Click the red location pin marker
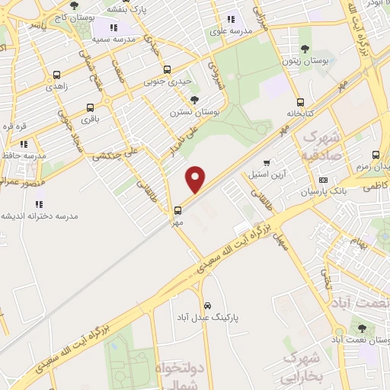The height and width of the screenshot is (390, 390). (196, 180)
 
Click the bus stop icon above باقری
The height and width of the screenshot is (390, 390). (90, 107)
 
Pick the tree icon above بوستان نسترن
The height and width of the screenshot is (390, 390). (195, 100)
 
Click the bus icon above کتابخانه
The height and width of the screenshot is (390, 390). (300, 102)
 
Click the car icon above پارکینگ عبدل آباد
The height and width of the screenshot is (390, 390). (207, 305)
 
